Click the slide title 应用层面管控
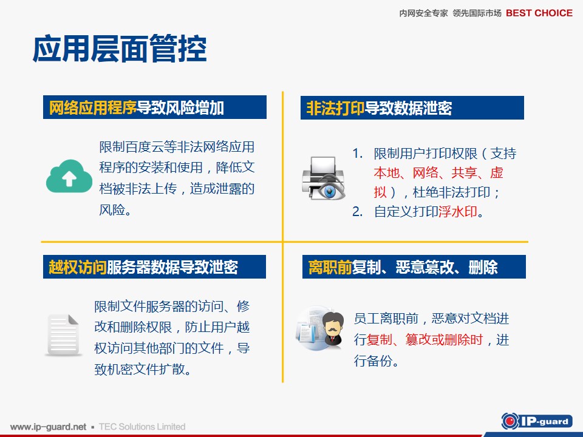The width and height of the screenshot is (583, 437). tap(120, 49)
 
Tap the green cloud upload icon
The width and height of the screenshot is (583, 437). tap(69, 177)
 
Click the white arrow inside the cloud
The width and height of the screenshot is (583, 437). tap(69, 178)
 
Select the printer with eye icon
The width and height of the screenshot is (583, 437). tap(324, 178)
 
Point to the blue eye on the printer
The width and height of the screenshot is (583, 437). tap(329, 191)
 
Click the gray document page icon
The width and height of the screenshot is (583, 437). tap(63, 335)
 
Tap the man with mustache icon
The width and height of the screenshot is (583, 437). tap(333, 330)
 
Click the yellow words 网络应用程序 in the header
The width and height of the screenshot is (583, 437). tap(92, 108)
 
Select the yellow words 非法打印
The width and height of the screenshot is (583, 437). tap(335, 108)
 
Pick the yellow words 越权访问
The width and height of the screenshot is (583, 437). tap(77, 267)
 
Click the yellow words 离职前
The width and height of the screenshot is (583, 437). tap(330, 267)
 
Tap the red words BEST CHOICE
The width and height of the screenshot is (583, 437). tap(539, 13)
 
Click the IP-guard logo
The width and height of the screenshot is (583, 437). tap(537, 421)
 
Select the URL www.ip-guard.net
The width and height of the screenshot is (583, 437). tap(49, 427)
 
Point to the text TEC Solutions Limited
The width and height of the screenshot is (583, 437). tap(142, 427)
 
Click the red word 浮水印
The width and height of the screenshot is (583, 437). tap(458, 211)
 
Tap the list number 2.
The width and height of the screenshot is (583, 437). tap(357, 211)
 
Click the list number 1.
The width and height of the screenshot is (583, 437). tap(357, 153)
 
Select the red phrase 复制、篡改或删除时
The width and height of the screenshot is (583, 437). tap(424, 340)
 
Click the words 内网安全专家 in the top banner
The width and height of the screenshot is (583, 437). tap(423, 13)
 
